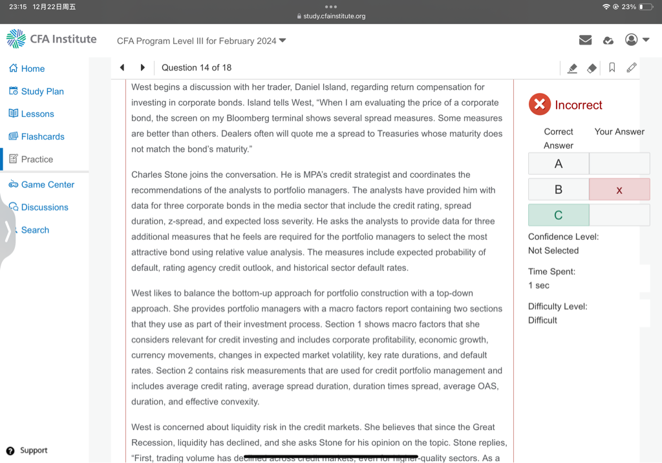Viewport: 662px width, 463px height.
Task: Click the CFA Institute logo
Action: coord(52,39)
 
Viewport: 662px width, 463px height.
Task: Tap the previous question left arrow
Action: coord(122,68)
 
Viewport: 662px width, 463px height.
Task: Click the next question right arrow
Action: coord(142,68)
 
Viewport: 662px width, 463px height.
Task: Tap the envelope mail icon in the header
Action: coord(585,40)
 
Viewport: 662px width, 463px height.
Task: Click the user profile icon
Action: coord(632,40)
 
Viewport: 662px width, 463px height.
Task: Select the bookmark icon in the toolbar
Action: coord(612,68)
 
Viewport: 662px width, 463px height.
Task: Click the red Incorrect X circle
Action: coord(539,105)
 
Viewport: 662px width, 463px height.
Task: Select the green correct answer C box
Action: coord(559,215)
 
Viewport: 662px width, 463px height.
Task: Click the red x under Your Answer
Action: coord(619,189)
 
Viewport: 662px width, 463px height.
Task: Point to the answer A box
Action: coord(559,164)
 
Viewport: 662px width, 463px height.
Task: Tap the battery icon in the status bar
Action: coord(646,6)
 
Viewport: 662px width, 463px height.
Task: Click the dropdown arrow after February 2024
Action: coord(283,41)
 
